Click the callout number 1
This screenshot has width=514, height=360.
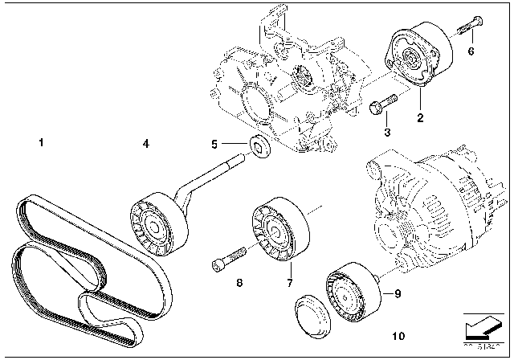click(x=41, y=145)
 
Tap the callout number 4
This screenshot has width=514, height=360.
click(x=145, y=145)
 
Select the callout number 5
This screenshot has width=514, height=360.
click(x=214, y=144)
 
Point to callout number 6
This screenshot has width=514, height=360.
click(x=471, y=51)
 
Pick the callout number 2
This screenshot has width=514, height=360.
click(x=418, y=118)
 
